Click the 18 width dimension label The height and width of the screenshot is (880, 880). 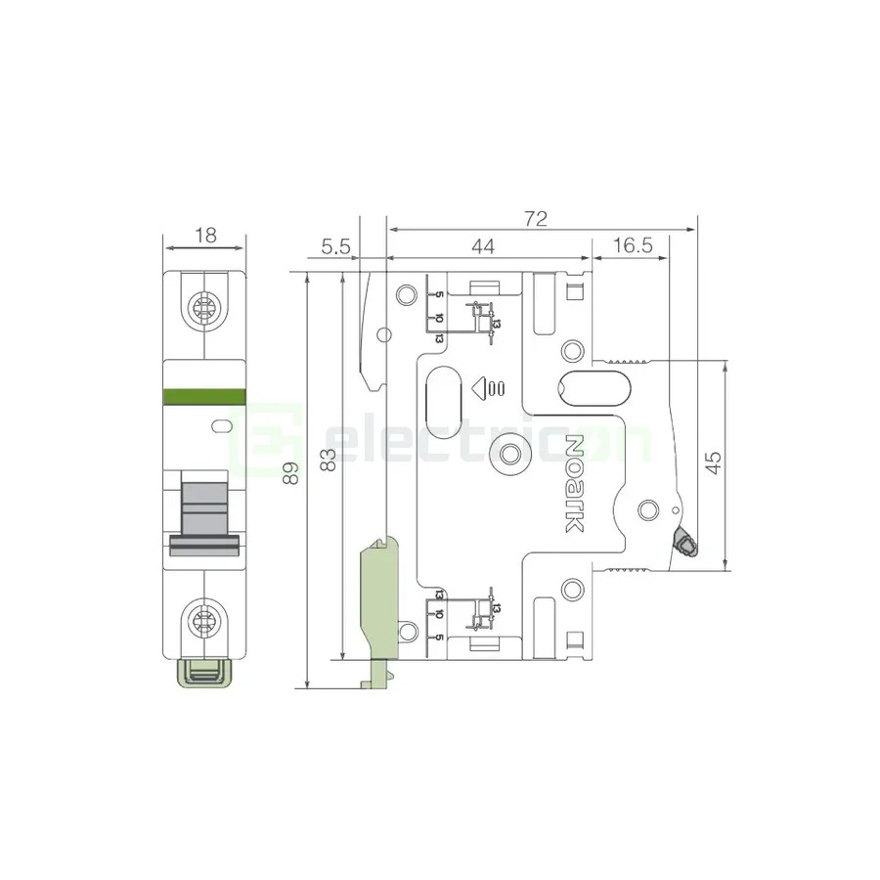coord(205,235)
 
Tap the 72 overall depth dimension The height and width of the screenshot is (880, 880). coord(535,219)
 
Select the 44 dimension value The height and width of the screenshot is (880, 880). coord(482,247)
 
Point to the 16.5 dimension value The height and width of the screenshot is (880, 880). coord(634,247)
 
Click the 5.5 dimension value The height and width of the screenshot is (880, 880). coord(334,247)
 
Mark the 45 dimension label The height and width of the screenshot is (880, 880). coord(714,462)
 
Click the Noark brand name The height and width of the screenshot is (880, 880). coord(575,483)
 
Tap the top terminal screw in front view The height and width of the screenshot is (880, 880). coord(205,308)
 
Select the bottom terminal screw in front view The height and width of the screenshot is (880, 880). coord(205,618)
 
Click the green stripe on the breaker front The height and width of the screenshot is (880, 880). coord(205,395)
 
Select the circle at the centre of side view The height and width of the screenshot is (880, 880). coord(508,456)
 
